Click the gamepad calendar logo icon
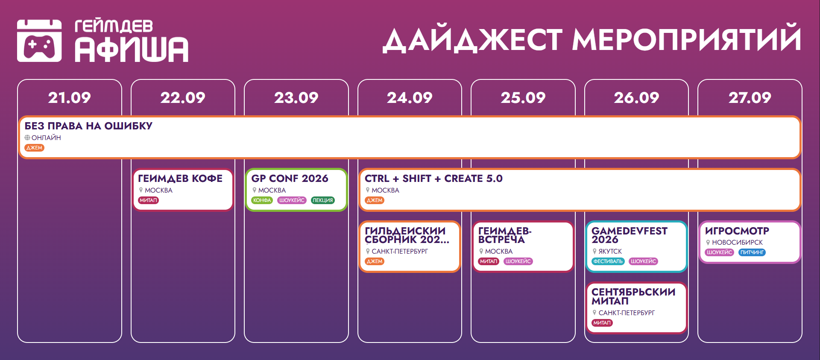tap(39, 41)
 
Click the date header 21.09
tap(70, 98)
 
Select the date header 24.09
tap(410, 98)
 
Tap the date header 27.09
tap(750, 98)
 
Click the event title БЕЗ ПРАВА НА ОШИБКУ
tap(88, 126)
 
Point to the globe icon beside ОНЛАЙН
tap(27, 138)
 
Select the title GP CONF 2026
tap(290, 179)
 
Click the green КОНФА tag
tap(262, 200)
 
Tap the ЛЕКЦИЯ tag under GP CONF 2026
tap(322, 200)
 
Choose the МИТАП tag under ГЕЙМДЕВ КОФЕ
tap(149, 200)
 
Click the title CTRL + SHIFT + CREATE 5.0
tap(433, 179)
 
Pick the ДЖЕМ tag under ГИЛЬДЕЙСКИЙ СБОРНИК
tap(375, 261)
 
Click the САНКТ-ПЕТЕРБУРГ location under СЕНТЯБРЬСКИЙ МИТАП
tap(627, 313)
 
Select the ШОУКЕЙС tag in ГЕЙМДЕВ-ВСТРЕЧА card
tap(518, 261)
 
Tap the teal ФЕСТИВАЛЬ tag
tap(608, 261)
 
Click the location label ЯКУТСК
tap(610, 252)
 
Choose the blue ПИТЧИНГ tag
tap(752, 252)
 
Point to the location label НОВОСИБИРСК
tap(737, 243)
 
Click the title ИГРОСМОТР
tap(737, 231)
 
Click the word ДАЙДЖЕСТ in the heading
tap(472, 40)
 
